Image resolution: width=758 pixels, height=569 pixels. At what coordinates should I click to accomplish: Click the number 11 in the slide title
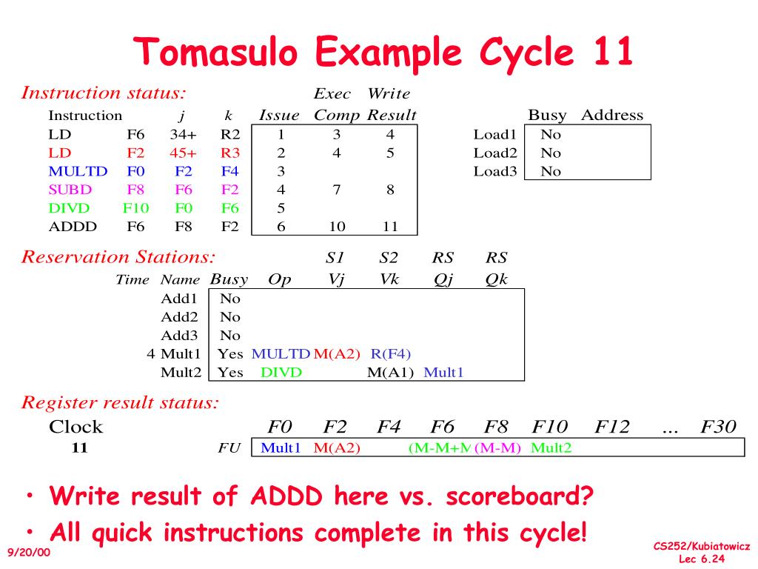click(613, 51)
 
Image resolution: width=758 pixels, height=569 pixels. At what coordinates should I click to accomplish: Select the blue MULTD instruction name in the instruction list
click(78, 171)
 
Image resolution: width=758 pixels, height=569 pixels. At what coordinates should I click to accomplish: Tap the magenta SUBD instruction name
click(70, 190)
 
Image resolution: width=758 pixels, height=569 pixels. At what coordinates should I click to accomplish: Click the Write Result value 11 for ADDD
click(390, 227)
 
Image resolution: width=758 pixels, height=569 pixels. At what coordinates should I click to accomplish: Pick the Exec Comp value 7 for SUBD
click(337, 190)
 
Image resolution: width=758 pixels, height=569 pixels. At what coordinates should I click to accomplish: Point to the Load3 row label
click(495, 171)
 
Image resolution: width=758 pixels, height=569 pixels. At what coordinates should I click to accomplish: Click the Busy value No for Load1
click(551, 135)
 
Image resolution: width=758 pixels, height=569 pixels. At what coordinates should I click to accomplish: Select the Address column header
click(612, 115)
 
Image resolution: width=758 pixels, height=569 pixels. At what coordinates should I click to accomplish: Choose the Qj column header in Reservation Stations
click(443, 279)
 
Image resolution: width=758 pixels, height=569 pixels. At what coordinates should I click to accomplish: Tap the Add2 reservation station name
click(179, 317)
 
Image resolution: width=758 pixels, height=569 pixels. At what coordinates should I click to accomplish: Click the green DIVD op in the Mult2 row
click(281, 373)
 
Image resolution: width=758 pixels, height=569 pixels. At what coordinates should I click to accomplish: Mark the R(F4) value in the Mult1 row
click(391, 354)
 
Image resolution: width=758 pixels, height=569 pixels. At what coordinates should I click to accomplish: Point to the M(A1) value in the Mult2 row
click(391, 373)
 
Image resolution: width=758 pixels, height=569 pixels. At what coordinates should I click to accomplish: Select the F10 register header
click(550, 427)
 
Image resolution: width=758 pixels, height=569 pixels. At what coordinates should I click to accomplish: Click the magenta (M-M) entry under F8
click(498, 448)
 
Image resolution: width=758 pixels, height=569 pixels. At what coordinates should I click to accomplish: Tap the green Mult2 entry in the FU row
click(551, 448)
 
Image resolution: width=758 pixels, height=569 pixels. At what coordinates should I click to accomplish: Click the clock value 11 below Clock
click(80, 447)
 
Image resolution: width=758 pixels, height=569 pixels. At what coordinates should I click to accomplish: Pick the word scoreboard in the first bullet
click(520, 496)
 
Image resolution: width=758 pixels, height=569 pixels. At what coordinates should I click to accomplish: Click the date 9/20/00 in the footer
click(29, 552)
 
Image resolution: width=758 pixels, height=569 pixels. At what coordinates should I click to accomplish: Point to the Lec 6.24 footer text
click(702, 559)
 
